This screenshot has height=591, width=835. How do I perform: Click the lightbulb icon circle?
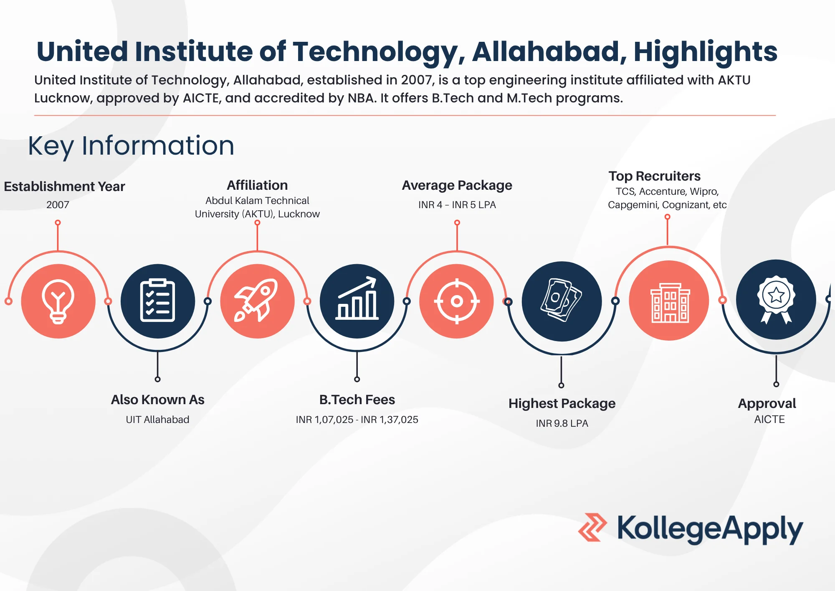click(x=58, y=301)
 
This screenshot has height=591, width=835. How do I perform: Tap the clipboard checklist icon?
click(x=157, y=301)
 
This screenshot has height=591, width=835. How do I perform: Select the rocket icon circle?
click(x=257, y=301)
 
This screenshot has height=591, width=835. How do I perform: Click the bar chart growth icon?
click(x=357, y=301)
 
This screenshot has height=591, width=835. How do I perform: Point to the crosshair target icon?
click(x=457, y=301)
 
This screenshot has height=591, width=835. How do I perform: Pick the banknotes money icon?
click(x=562, y=301)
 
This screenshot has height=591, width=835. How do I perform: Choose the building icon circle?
click(x=669, y=301)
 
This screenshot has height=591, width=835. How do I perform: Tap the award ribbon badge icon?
click(x=776, y=300)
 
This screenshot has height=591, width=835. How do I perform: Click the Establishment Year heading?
click(x=64, y=186)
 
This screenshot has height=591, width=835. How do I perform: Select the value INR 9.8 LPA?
click(x=562, y=423)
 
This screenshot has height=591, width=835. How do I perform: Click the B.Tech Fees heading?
click(x=357, y=400)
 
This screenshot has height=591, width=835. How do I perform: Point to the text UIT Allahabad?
click(x=157, y=420)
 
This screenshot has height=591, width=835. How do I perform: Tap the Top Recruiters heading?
click(x=654, y=176)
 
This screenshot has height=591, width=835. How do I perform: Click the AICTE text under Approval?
click(x=769, y=419)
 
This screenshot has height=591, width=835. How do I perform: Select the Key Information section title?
click(x=131, y=146)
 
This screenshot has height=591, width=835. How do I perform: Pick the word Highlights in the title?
click(x=705, y=52)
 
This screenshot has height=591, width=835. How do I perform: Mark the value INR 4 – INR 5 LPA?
click(x=457, y=205)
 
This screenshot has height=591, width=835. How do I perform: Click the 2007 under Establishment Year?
click(x=58, y=205)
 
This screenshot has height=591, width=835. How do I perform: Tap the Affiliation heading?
click(x=257, y=185)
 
